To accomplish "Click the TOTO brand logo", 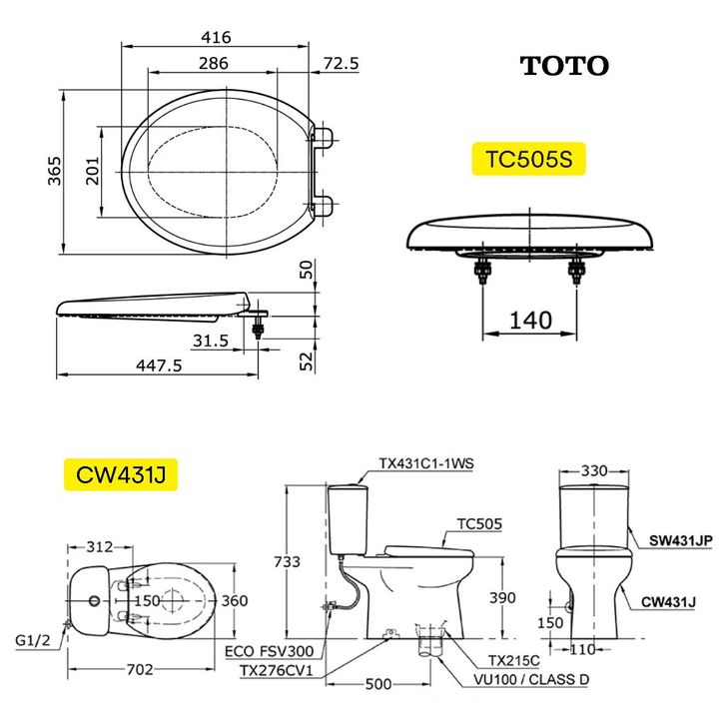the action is (x=564, y=66).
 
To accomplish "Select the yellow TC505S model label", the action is (x=528, y=159).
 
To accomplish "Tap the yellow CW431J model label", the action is (x=121, y=474).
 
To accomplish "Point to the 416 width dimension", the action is (x=216, y=37).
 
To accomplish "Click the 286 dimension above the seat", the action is (x=213, y=63).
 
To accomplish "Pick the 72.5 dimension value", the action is (x=341, y=63).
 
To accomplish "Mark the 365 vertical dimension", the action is (x=55, y=171).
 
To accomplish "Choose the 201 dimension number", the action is (x=93, y=171).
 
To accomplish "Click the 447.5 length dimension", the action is (x=159, y=365).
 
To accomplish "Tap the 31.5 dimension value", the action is (x=211, y=341).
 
